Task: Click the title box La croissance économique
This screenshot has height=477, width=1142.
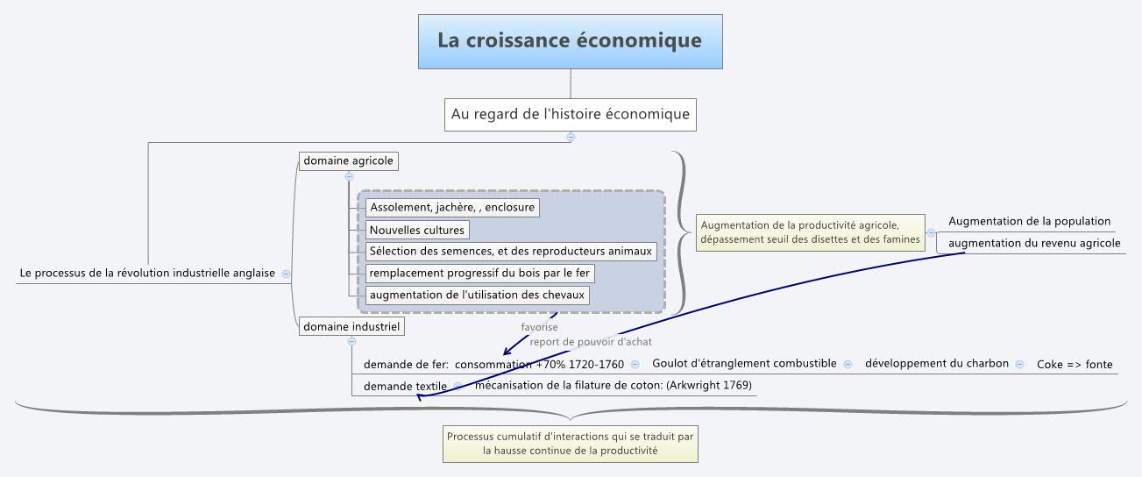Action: click(570, 41)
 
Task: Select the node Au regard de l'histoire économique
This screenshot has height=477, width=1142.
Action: click(570, 114)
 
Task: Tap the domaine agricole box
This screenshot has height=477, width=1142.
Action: click(348, 161)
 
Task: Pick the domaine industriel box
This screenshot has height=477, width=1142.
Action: click(351, 327)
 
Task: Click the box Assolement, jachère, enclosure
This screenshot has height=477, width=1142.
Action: click(451, 208)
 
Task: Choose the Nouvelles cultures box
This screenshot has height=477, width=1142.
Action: click(417, 230)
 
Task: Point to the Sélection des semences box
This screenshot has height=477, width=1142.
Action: click(511, 252)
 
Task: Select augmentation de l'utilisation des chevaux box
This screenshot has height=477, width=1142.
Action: click(477, 295)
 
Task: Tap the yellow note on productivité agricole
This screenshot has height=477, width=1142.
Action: click(810, 232)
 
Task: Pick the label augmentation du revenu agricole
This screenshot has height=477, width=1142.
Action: click(1034, 244)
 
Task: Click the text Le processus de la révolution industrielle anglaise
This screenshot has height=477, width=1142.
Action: click(147, 274)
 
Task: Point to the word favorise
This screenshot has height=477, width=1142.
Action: click(539, 328)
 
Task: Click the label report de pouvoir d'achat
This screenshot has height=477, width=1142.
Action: click(591, 342)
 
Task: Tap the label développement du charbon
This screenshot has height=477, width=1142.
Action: click(937, 364)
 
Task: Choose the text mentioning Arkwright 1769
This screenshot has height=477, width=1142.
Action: click(613, 385)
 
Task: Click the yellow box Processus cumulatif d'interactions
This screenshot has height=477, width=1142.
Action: click(570, 444)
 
